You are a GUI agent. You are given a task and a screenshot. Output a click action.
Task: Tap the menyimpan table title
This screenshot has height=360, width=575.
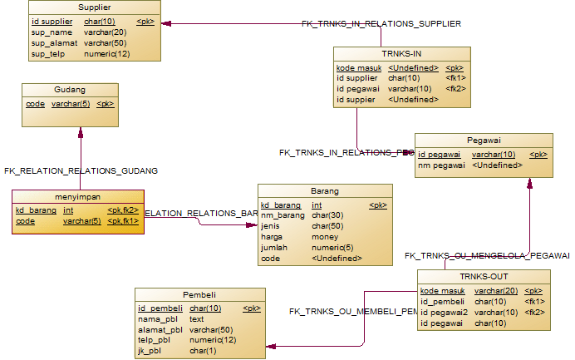77,196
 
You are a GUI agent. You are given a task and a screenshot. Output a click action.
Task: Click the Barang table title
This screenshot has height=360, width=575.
324,190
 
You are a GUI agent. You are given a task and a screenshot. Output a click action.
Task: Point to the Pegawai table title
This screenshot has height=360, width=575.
483,140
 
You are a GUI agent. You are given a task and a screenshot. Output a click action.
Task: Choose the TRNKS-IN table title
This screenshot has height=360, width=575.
402,53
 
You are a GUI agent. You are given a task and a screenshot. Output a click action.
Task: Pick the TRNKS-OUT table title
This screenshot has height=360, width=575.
483,276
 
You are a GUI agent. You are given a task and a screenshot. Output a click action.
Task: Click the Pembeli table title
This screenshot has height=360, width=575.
199,294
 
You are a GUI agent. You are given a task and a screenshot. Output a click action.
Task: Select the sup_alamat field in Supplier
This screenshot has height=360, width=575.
49,42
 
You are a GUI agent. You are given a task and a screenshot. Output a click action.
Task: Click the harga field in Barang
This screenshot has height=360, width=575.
271,237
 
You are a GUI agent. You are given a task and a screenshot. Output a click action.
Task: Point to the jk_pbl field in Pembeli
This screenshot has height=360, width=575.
150,351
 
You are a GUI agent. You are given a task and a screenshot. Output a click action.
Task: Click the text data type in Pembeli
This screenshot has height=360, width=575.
197,318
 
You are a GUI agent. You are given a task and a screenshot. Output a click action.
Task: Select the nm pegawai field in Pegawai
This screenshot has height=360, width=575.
440,165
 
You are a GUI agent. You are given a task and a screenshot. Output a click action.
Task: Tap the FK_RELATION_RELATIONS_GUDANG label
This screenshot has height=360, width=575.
81,170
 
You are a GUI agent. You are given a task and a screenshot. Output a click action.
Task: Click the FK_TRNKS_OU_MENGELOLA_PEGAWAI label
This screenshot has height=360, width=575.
487,255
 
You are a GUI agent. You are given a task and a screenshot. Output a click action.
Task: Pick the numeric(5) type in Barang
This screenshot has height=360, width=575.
332,247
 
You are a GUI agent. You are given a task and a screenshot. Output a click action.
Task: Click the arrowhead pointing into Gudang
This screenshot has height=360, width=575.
81,131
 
